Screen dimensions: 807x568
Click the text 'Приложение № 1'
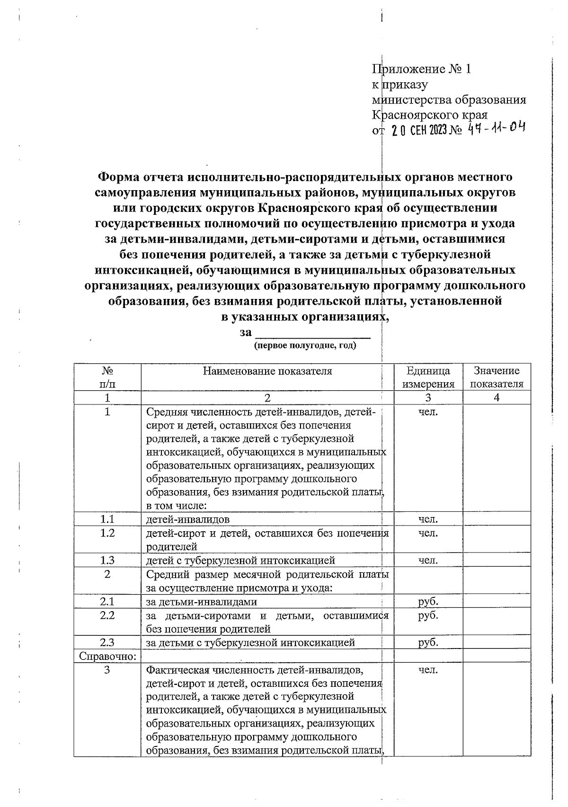coord(421,70)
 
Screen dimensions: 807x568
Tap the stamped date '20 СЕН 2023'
coord(419,130)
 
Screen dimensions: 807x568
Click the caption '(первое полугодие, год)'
coord(305,346)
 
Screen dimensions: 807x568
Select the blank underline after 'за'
coord(313,333)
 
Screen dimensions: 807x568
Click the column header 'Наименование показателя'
coord(267,371)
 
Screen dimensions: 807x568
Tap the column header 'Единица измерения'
coord(428,377)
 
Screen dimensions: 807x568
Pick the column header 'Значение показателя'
coord(497,377)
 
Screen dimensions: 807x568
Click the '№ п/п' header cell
coord(107,377)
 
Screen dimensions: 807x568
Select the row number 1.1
coord(107,519)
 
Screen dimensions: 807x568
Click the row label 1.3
coord(107,561)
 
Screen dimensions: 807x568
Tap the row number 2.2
coord(107,615)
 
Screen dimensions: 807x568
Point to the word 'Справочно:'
coord(108,656)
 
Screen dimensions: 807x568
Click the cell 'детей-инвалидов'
coord(188,519)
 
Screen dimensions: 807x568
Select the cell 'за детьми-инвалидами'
coord(202,602)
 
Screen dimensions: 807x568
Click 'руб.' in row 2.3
coord(428,642)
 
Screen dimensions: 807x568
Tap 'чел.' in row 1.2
coord(428,533)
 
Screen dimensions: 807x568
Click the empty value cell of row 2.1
coord(497,602)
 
